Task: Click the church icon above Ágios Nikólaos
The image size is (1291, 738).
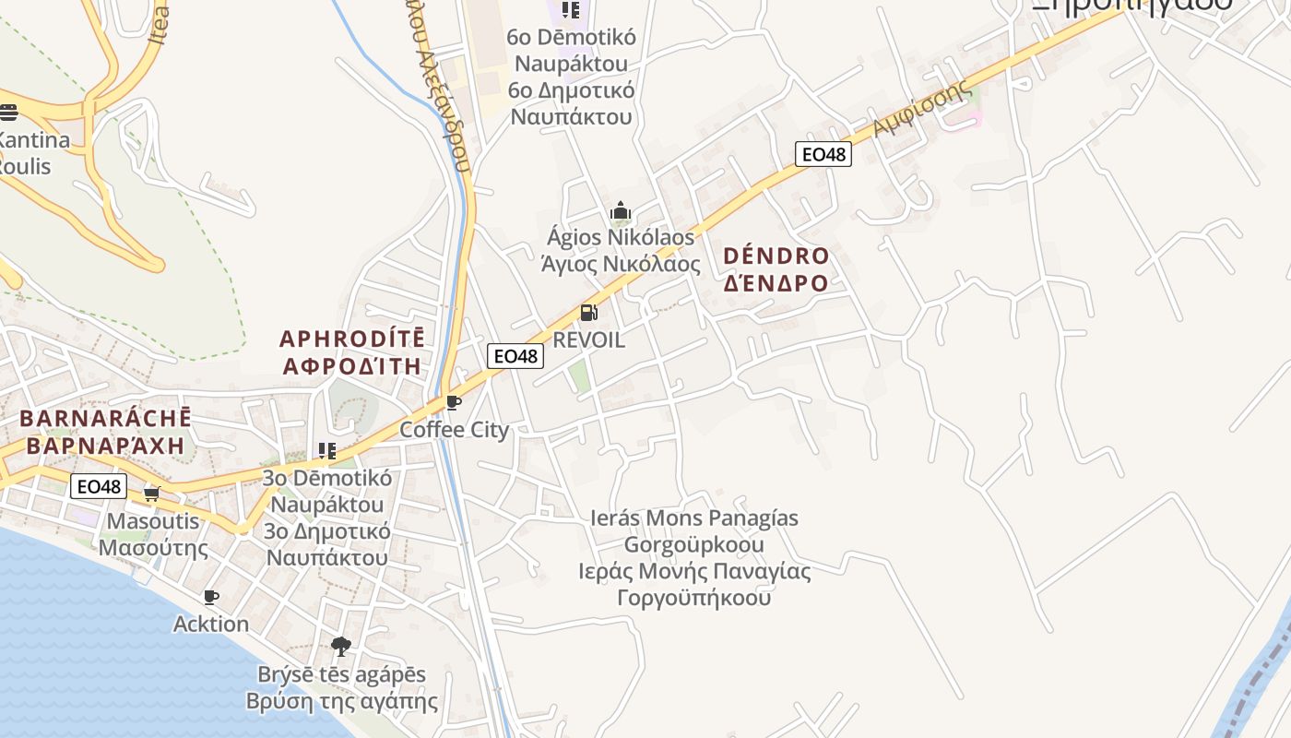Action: click(x=621, y=211)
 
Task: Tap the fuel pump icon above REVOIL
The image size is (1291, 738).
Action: click(x=588, y=314)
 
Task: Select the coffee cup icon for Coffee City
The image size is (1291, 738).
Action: click(x=453, y=402)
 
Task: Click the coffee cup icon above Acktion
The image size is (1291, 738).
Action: click(x=211, y=597)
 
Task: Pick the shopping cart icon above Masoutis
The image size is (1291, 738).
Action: click(x=152, y=494)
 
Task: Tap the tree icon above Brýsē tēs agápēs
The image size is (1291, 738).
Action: click(x=341, y=646)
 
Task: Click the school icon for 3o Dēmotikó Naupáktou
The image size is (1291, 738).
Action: click(x=326, y=451)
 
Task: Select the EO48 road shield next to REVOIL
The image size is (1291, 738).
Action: click(x=515, y=356)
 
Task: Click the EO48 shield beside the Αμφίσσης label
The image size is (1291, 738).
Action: click(x=823, y=154)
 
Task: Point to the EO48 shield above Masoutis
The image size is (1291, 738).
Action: click(x=99, y=486)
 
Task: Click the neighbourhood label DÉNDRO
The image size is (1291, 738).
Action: click(x=776, y=256)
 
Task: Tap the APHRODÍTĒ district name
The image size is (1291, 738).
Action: click(x=352, y=338)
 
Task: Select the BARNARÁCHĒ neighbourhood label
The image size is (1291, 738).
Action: click(x=105, y=418)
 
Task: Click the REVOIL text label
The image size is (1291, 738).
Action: click(x=588, y=339)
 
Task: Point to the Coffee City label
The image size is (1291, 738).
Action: click(x=454, y=430)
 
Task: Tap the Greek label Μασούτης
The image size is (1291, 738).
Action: click(x=153, y=548)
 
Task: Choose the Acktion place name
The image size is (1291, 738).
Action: click(x=211, y=624)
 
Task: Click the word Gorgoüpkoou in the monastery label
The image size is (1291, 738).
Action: click(x=693, y=544)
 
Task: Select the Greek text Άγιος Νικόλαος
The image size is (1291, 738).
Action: click(x=620, y=265)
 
